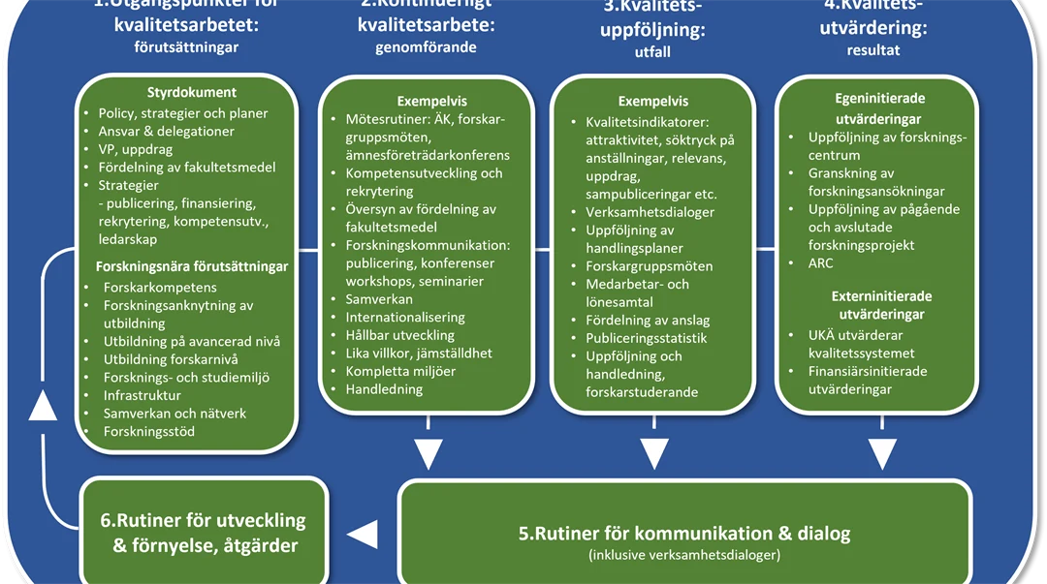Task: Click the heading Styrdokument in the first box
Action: [191, 93]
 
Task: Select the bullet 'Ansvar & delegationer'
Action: [166, 131]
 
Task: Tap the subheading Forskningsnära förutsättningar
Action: [192, 266]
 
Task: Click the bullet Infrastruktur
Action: [143, 395]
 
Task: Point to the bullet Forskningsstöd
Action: [149, 431]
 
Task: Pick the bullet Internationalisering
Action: [405, 317]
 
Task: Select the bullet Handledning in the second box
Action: [384, 389]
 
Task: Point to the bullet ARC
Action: [820, 263]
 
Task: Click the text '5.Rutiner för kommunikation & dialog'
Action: [684, 533]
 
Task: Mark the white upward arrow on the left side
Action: [43, 406]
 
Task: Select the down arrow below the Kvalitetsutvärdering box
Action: [881, 453]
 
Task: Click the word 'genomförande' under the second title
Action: [426, 47]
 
